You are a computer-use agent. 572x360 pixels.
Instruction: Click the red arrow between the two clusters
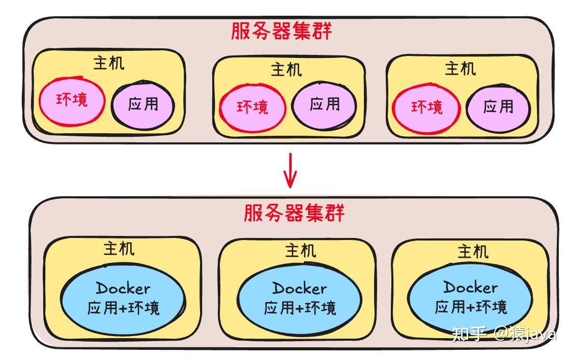tap(290, 170)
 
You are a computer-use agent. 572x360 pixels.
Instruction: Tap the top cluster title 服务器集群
tap(281, 32)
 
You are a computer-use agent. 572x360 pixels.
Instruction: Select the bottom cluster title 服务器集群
tap(294, 213)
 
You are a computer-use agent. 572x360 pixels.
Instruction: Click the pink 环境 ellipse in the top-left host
tap(72, 101)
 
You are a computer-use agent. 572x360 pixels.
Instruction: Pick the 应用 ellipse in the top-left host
tap(143, 105)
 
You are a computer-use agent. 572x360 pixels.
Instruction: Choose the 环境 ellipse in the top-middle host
tap(252, 107)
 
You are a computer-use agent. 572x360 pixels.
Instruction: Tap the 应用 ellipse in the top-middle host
tap(324, 105)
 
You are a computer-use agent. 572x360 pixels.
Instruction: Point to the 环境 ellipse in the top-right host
tap(426, 108)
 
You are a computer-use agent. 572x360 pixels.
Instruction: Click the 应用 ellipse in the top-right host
tap(498, 107)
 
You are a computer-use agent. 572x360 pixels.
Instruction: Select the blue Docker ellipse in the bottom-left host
tap(123, 298)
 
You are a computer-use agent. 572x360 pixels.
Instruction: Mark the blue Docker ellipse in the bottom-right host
tap(471, 297)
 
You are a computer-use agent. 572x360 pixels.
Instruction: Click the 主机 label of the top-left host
tap(108, 63)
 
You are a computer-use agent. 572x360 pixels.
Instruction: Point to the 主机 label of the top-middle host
tap(285, 69)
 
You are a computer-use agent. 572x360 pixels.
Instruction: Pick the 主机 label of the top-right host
tap(460, 68)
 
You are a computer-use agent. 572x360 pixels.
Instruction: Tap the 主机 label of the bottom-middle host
tap(300, 250)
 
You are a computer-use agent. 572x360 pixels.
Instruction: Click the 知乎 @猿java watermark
tap(504, 334)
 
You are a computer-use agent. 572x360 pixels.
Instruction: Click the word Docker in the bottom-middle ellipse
tap(300, 289)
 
